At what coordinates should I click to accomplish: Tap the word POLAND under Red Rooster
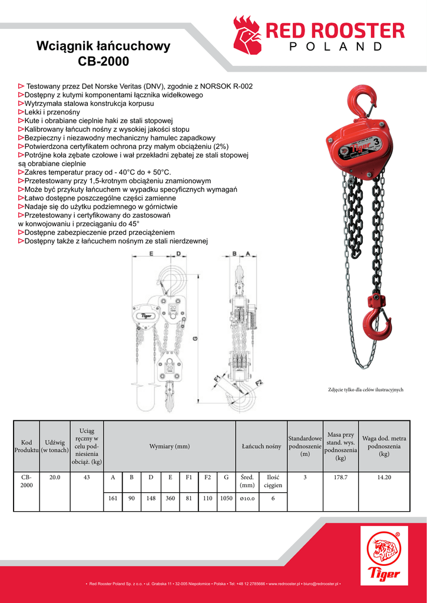(336, 47)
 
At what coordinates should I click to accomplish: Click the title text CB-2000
(103, 61)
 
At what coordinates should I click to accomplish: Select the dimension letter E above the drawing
(151, 254)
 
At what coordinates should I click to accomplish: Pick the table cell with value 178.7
(340, 477)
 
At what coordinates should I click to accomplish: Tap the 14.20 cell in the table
(384, 477)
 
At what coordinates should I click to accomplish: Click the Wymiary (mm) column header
(170, 446)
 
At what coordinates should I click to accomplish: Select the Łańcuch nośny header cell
(261, 446)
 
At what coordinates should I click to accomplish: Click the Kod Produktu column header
(27, 446)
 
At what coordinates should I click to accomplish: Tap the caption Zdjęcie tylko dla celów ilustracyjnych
(365, 390)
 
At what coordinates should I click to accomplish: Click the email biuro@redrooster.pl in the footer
(318, 584)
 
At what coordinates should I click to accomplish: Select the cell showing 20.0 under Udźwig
(55, 477)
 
